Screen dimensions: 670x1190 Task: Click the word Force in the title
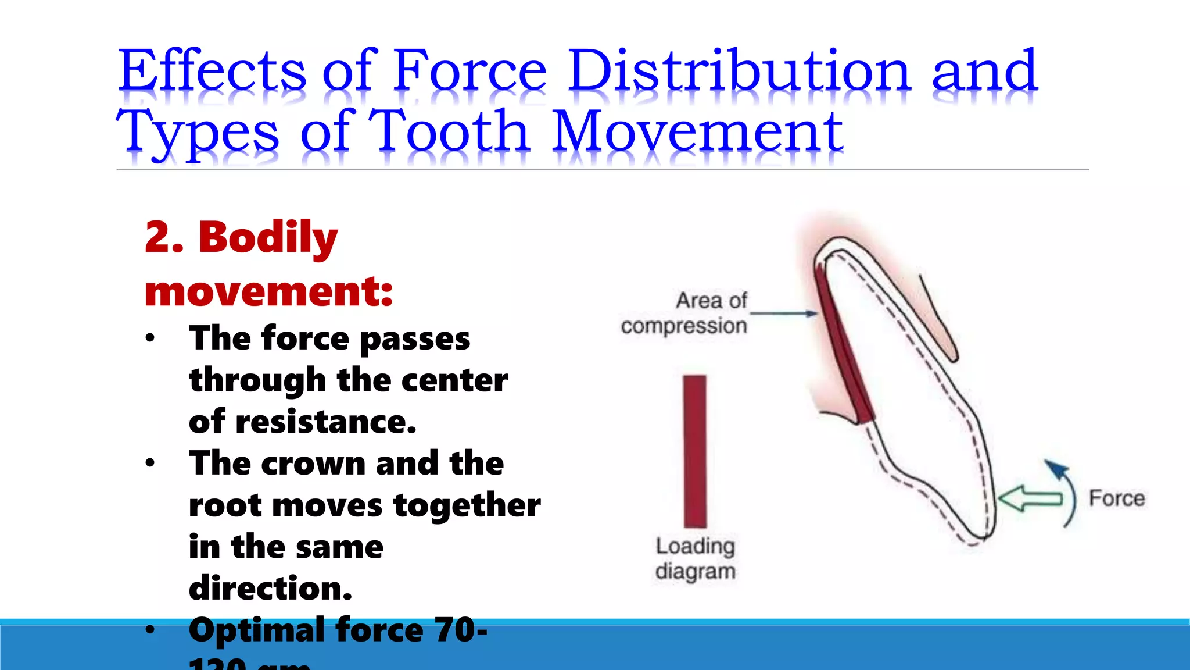[469, 71]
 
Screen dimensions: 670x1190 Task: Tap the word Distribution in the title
[739, 71]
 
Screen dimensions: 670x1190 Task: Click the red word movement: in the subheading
[268, 291]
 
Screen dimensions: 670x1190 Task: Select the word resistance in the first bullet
[325, 422]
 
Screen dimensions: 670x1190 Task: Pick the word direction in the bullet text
[270, 588]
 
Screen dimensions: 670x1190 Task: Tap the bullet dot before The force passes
[150, 338]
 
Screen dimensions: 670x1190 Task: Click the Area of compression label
[684, 313]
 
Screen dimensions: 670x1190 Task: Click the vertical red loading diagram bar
[694, 451]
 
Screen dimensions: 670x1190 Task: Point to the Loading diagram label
[695, 558]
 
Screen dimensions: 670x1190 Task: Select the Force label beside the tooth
[1116, 498]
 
